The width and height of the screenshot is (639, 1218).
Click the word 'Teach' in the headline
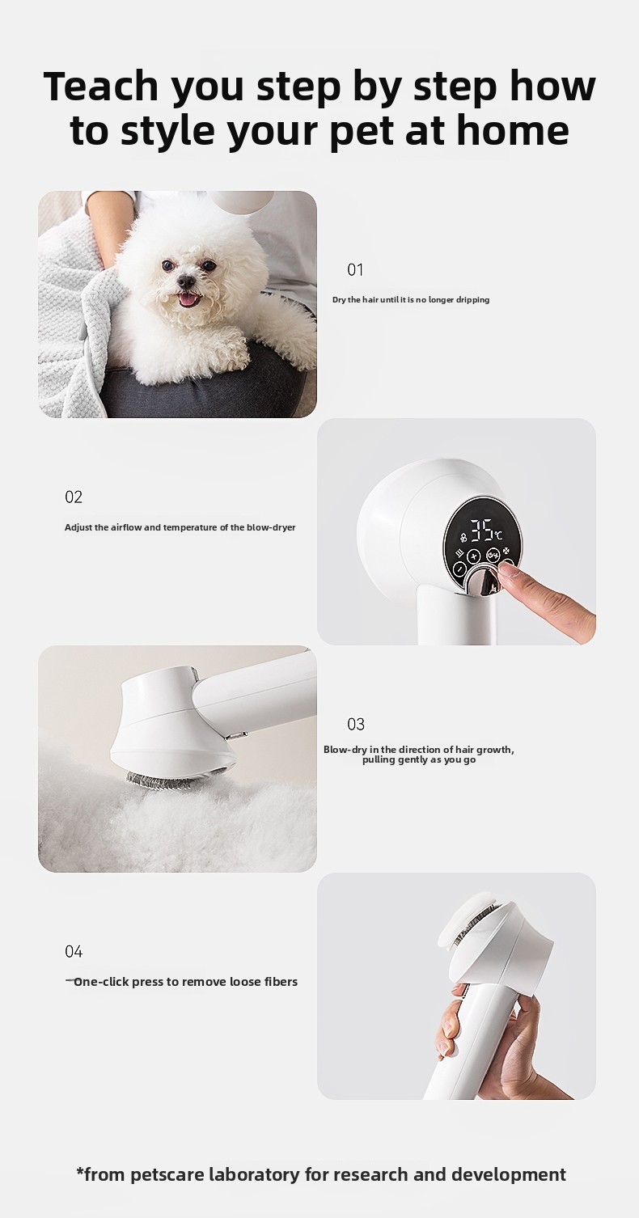coord(100,87)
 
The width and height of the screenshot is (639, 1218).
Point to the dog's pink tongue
coord(188,299)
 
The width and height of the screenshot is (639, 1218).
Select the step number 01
coord(355,269)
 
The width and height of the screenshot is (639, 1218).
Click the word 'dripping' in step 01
coord(474,300)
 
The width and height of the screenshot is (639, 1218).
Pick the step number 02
coord(74,497)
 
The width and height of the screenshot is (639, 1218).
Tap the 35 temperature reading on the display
coord(481,531)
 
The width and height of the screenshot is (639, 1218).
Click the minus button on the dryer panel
coord(459,569)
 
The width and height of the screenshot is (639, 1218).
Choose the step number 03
coord(356,725)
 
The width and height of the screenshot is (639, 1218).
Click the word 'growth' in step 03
coord(493,750)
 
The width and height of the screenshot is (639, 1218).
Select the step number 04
coord(74,952)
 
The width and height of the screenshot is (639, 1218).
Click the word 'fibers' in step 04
coord(281,982)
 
